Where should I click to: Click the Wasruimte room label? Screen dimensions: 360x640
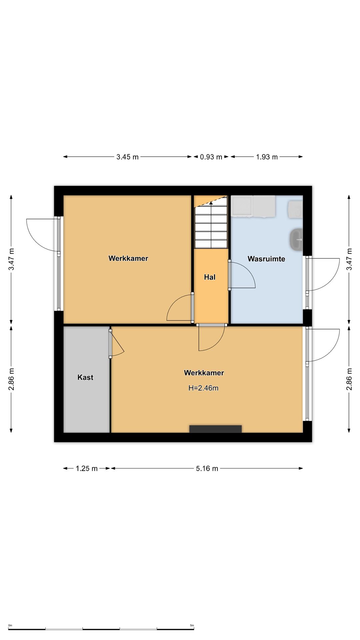266,259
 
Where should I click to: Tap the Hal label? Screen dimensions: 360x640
210,277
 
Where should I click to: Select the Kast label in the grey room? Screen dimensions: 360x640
85,377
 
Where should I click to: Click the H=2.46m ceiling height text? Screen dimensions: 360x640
203,388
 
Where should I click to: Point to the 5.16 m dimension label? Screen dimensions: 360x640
207,468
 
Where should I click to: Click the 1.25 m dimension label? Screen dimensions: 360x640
87,468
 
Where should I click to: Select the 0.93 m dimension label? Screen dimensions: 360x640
211,157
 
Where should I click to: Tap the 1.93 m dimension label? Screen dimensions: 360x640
267,157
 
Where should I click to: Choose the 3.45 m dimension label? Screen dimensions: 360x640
127,157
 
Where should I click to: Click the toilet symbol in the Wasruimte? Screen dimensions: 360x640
296,239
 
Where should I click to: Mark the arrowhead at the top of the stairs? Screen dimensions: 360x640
211,203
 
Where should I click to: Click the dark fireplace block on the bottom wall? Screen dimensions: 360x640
215,429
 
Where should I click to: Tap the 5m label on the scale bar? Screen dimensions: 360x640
192,625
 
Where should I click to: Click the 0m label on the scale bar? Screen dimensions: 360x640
10,625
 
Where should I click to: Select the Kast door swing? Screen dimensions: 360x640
116,343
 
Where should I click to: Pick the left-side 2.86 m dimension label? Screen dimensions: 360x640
11,379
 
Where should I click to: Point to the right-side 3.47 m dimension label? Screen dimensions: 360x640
349,259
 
